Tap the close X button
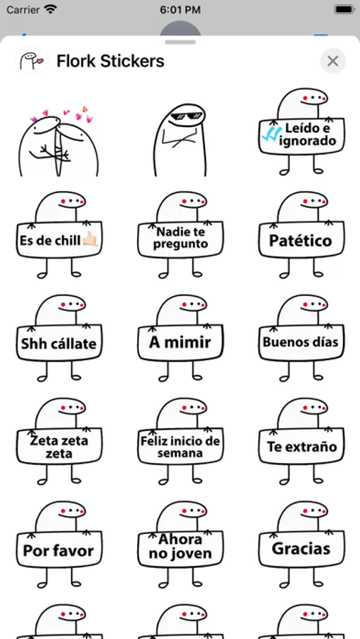click(333, 61)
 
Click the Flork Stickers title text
click(110, 61)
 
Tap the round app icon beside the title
click(32, 61)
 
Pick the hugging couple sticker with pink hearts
click(59, 141)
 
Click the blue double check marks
click(271, 133)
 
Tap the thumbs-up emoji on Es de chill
click(89, 240)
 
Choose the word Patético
click(300, 241)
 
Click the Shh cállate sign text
click(59, 344)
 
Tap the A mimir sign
click(180, 343)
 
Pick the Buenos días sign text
click(300, 342)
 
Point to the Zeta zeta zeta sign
click(59, 447)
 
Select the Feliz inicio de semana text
click(180, 447)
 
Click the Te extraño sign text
click(302, 447)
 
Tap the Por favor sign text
click(58, 550)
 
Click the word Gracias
click(301, 549)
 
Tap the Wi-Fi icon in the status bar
click(50, 9)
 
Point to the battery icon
click(343, 9)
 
